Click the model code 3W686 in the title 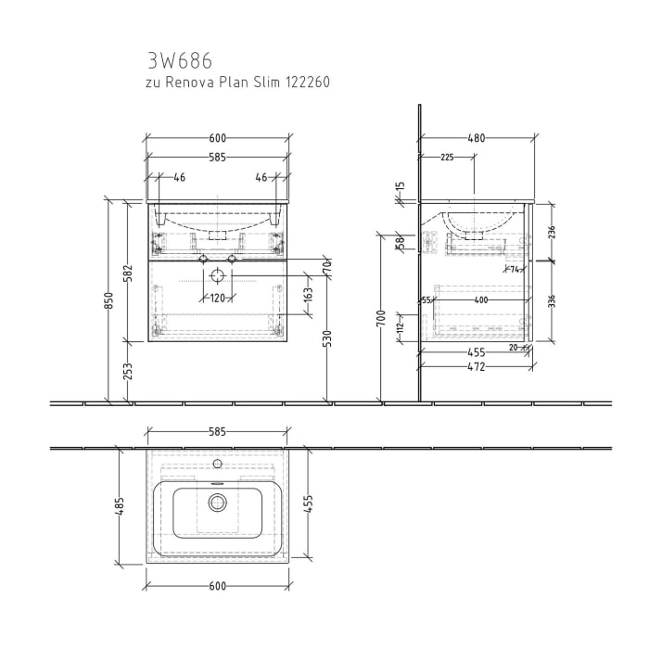(180, 61)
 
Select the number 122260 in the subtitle (305, 83)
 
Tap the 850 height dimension (108, 301)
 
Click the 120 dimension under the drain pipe (217, 298)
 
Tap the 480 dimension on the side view (476, 139)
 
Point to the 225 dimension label (446, 158)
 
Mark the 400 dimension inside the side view (479, 299)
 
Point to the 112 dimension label (401, 326)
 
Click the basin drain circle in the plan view (218, 503)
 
